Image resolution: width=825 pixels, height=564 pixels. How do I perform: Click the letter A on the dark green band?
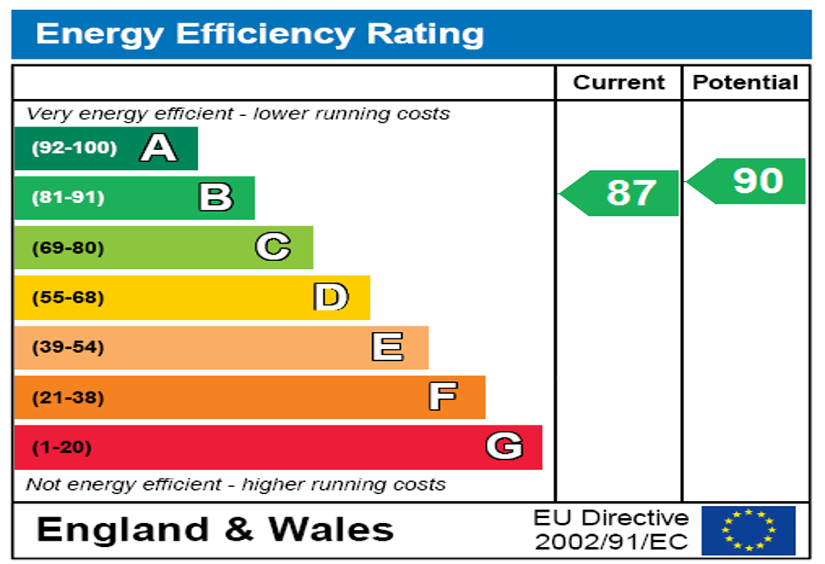click(159, 147)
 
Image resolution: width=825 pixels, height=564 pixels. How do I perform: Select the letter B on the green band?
click(216, 197)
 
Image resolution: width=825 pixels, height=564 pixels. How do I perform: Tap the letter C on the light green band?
click(273, 247)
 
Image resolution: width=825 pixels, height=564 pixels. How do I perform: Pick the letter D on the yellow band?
click(331, 297)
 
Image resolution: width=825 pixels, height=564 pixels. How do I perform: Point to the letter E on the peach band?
click(388, 346)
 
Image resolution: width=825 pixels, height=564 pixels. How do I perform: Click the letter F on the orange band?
click(443, 396)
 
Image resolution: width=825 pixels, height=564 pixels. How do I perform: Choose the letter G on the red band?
click(504, 446)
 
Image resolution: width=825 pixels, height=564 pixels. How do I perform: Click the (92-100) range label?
click(74, 147)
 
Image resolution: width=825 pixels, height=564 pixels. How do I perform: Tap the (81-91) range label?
click(68, 197)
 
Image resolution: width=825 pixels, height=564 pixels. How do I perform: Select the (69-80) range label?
click(68, 247)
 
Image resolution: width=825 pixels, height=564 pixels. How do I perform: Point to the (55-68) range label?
click(68, 297)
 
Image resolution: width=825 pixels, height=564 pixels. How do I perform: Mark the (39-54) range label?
click(68, 346)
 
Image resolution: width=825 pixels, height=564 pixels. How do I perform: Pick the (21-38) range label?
click(68, 397)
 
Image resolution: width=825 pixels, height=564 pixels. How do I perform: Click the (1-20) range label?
click(61, 447)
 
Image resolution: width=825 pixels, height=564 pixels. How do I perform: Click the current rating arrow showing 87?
click(619, 193)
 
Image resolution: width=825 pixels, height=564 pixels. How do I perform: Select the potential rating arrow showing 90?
click(745, 181)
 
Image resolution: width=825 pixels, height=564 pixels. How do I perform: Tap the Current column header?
click(619, 83)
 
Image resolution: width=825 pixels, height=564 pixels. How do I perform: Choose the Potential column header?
click(745, 83)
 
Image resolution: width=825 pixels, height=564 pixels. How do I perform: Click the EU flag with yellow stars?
click(748, 530)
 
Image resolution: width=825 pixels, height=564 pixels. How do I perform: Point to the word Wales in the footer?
click(331, 529)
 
